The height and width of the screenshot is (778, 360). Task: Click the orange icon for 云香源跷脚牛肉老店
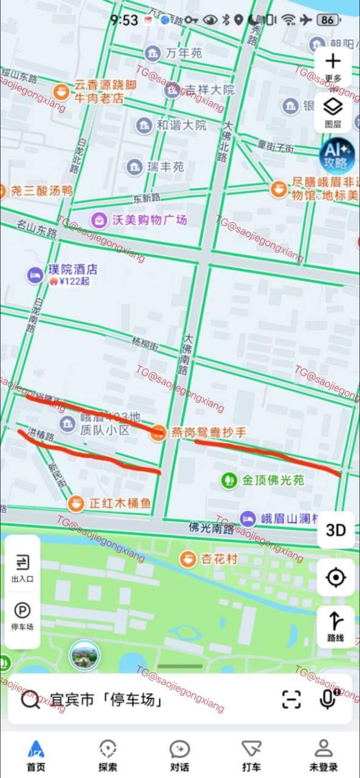[x=61, y=92]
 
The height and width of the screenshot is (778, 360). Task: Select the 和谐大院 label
[x=182, y=126]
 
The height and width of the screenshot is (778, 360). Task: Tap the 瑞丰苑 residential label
[x=165, y=167]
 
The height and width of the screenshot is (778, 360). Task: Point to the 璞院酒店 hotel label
[x=73, y=269]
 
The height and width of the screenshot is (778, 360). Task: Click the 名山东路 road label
[x=36, y=230]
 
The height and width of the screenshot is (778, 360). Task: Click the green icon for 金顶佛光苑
[x=229, y=480]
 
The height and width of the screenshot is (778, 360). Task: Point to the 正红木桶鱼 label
[x=120, y=504]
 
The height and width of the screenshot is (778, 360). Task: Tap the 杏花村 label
[x=219, y=559]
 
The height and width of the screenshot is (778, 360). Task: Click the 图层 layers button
[x=333, y=112]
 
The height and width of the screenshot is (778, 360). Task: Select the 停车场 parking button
[x=22, y=616]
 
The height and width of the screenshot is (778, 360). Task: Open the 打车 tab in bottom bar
[x=251, y=755]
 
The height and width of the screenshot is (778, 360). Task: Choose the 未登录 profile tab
[x=324, y=755]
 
